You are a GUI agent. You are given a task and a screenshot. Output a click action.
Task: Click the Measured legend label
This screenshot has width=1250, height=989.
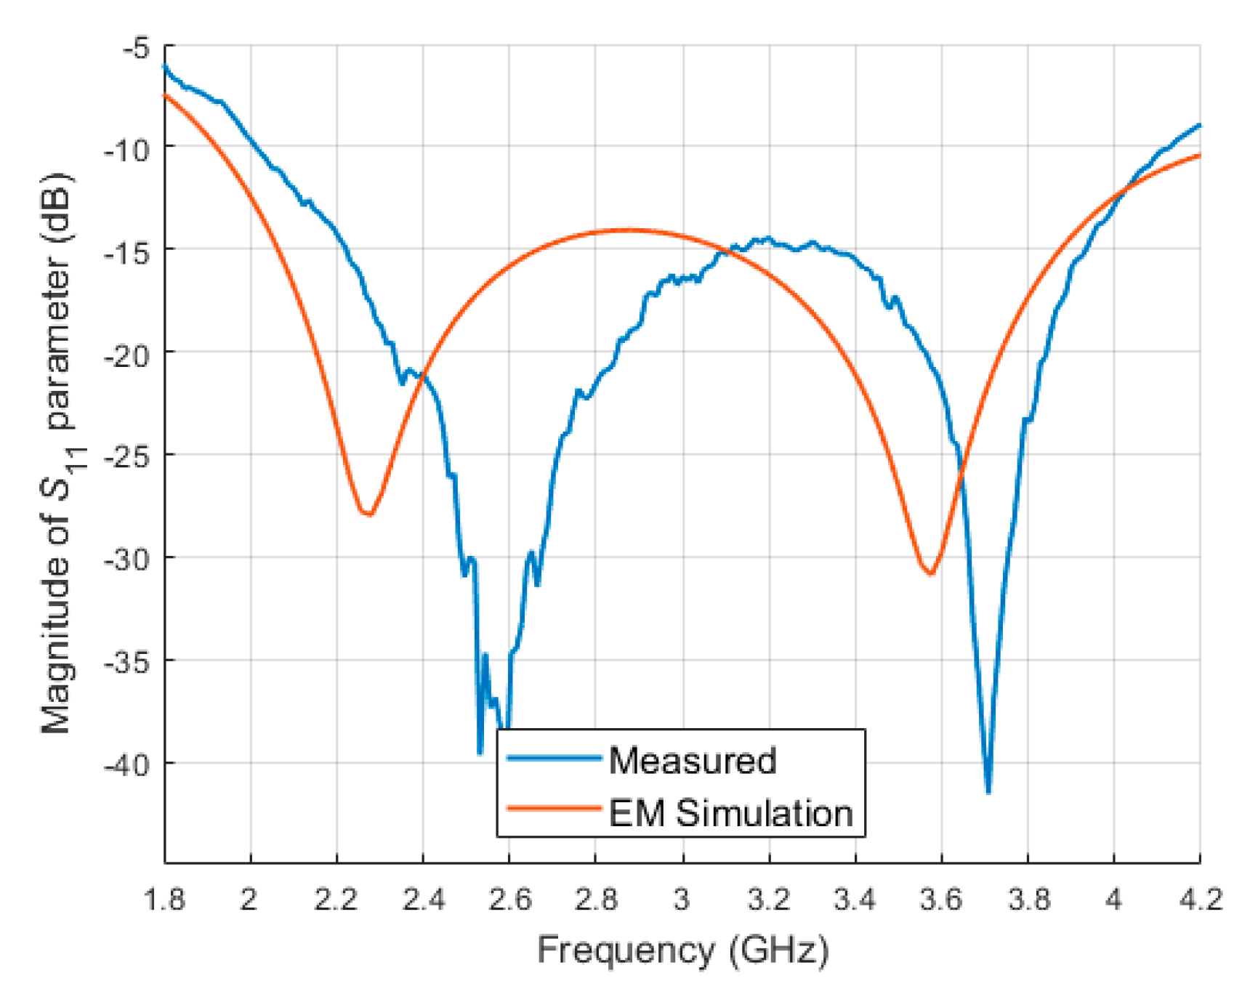click(x=692, y=761)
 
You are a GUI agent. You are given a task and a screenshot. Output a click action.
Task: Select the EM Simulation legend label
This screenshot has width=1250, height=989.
click(x=730, y=813)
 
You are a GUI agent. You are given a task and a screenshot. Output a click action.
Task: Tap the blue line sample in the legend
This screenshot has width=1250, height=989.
click(x=554, y=759)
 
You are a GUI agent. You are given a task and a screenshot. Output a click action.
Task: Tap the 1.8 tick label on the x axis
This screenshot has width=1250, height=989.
click(x=164, y=900)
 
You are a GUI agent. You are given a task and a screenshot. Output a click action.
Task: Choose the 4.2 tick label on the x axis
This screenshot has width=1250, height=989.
click(x=1200, y=900)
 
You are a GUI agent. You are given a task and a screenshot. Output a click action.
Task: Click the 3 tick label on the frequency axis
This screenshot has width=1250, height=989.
click(x=682, y=900)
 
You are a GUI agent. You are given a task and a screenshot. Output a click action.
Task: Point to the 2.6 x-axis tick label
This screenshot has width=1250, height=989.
click(x=509, y=900)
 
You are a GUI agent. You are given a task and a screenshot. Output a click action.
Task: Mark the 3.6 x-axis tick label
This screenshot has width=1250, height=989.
click(x=941, y=900)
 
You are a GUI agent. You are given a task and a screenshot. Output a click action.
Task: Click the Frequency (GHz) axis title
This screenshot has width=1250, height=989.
click(x=682, y=950)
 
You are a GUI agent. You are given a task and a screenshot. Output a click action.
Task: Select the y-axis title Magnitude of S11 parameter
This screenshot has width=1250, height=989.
click(x=58, y=453)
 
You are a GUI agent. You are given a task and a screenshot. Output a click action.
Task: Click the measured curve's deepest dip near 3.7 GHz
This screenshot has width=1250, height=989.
click(x=988, y=791)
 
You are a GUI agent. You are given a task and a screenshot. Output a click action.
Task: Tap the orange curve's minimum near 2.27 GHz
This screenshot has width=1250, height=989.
click(x=368, y=514)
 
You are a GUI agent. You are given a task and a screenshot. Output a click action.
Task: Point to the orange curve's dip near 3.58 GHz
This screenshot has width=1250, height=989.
click(x=930, y=573)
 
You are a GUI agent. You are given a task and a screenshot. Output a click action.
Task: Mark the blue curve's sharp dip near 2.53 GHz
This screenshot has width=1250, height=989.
click(x=480, y=752)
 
